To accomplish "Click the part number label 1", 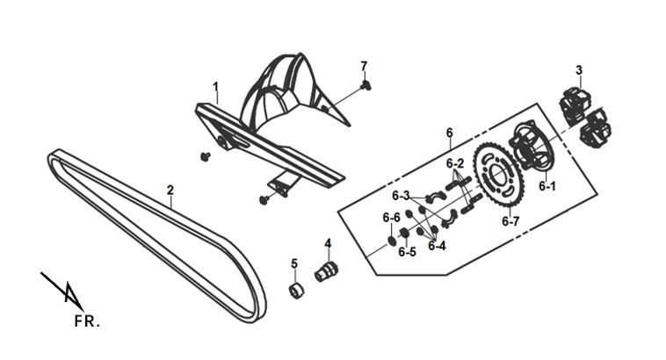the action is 216,87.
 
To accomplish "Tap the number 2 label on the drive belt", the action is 170,190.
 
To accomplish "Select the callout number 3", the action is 579,70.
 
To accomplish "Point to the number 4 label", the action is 328,243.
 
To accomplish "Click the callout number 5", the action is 294,263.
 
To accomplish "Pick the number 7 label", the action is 364,66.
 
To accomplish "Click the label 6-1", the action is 547,186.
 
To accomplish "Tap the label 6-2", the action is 455,163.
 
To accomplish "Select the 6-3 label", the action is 401,196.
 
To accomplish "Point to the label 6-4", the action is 437,246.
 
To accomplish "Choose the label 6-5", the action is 407,252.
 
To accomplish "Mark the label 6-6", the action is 391,218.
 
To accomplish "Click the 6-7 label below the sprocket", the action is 510,221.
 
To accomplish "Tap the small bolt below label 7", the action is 366,85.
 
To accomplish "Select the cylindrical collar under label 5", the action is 296,290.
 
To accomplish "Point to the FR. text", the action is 87,321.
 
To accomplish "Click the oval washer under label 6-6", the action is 391,242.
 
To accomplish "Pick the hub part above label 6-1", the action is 530,146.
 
